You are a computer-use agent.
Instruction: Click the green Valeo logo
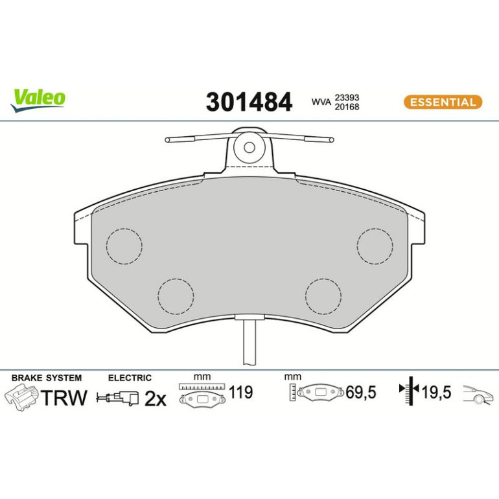click(x=38, y=100)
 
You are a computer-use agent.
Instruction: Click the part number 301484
click(x=249, y=102)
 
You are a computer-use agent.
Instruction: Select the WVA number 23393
click(x=347, y=97)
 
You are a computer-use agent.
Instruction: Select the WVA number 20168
click(x=347, y=107)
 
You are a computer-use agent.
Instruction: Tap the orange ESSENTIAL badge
click(x=443, y=102)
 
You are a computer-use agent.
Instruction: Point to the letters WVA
click(x=321, y=102)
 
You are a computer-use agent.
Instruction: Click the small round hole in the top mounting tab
click(x=250, y=147)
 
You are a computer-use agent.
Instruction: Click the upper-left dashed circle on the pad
click(x=124, y=246)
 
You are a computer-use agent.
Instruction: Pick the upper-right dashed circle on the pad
click(x=375, y=246)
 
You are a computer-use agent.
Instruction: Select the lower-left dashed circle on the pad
click(x=176, y=296)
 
